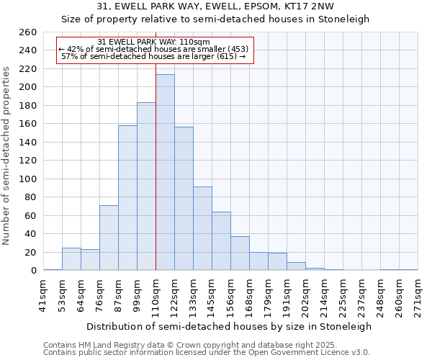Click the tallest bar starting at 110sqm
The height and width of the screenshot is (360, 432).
click(x=165, y=173)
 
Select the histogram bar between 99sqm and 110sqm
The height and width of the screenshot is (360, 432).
click(x=146, y=186)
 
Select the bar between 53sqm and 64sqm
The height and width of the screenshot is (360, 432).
click(x=71, y=259)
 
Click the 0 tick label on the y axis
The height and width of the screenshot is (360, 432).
click(x=33, y=271)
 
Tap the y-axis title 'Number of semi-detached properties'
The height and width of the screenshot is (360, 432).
click(x=7, y=155)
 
